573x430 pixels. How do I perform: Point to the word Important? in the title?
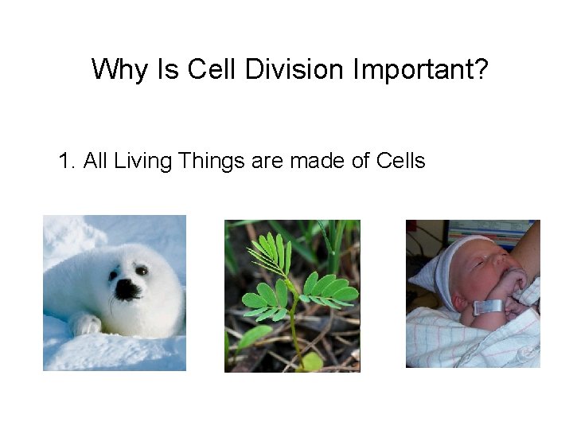pos(419,69)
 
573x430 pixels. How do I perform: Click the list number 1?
pos(65,161)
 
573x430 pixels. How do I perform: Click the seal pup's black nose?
pos(127,290)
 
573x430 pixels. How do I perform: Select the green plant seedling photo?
pos(292,295)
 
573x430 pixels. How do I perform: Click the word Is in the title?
pos(168,69)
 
